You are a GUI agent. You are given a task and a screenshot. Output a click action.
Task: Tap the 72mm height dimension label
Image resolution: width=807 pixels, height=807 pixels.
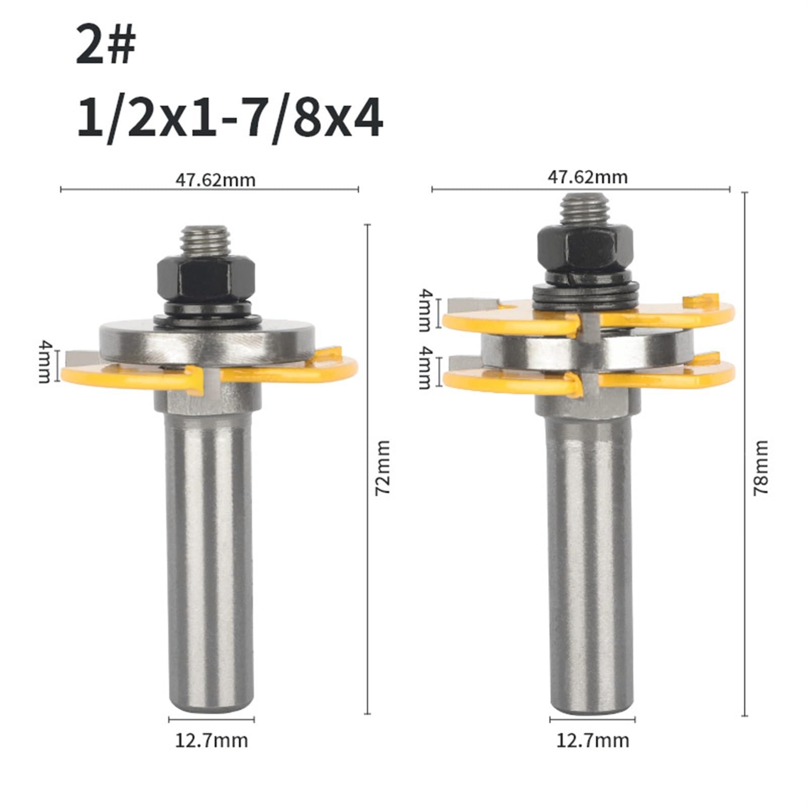click(383, 467)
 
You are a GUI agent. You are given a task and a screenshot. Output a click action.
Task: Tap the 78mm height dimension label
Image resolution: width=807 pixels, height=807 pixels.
click(761, 467)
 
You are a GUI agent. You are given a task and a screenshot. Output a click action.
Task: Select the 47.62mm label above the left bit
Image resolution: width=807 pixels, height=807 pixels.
click(215, 180)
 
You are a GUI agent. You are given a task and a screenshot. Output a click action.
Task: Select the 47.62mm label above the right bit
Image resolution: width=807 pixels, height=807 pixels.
click(588, 177)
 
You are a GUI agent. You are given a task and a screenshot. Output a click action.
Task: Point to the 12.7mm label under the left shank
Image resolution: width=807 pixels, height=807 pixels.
click(211, 740)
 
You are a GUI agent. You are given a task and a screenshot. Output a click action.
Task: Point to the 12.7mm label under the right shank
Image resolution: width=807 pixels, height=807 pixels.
click(593, 740)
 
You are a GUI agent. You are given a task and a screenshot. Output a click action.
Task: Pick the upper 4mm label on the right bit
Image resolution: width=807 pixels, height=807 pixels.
click(426, 310)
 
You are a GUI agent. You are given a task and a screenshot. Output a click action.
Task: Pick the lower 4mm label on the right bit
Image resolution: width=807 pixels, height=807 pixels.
click(426, 367)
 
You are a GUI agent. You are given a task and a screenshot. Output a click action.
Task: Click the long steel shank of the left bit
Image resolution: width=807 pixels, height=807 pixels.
click(209, 555)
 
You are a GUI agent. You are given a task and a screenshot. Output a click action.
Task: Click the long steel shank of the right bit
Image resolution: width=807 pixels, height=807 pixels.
click(590, 555)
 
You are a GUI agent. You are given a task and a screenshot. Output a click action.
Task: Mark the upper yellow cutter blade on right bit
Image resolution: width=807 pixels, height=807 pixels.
click(666, 315)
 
